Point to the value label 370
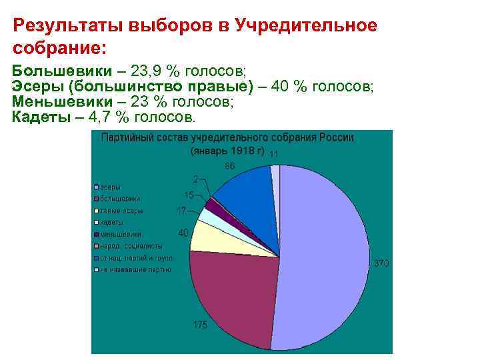(x=381, y=264)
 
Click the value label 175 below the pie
(x=200, y=325)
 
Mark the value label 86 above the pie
(x=229, y=165)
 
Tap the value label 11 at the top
(x=274, y=154)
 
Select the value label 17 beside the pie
(x=181, y=211)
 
